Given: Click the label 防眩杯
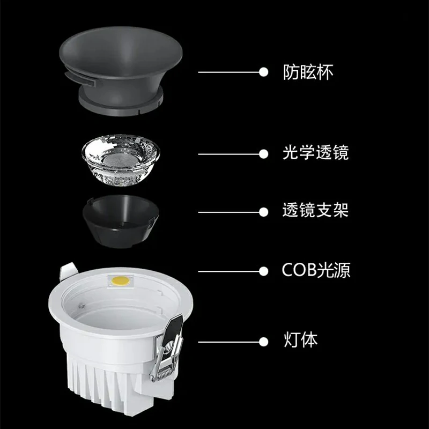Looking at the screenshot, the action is click(x=308, y=72).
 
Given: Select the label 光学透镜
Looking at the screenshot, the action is click(x=316, y=152).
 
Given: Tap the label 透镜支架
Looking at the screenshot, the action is click(x=315, y=210).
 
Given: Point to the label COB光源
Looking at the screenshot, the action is click(x=316, y=270).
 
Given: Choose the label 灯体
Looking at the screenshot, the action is click(x=300, y=340).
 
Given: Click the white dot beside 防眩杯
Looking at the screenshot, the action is click(x=263, y=72).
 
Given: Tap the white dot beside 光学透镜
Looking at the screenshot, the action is click(x=263, y=154).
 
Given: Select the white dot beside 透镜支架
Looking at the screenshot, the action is click(x=263, y=212).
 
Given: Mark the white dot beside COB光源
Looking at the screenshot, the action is click(x=263, y=271).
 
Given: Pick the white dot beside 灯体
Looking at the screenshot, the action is click(x=263, y=342).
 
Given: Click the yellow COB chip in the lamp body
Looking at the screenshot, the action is click(x=120, y=280).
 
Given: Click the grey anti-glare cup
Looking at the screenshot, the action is click(x=120, y=71).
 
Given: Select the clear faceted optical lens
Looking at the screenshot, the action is click(x=121, y=160).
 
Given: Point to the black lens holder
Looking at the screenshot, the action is click(x=121, y=221).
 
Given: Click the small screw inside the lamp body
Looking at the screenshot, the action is click(x=82, y=306).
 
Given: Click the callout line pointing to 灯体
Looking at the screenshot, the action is click(x=229, y=342).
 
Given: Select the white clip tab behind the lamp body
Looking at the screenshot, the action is click(x=68, y=271).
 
